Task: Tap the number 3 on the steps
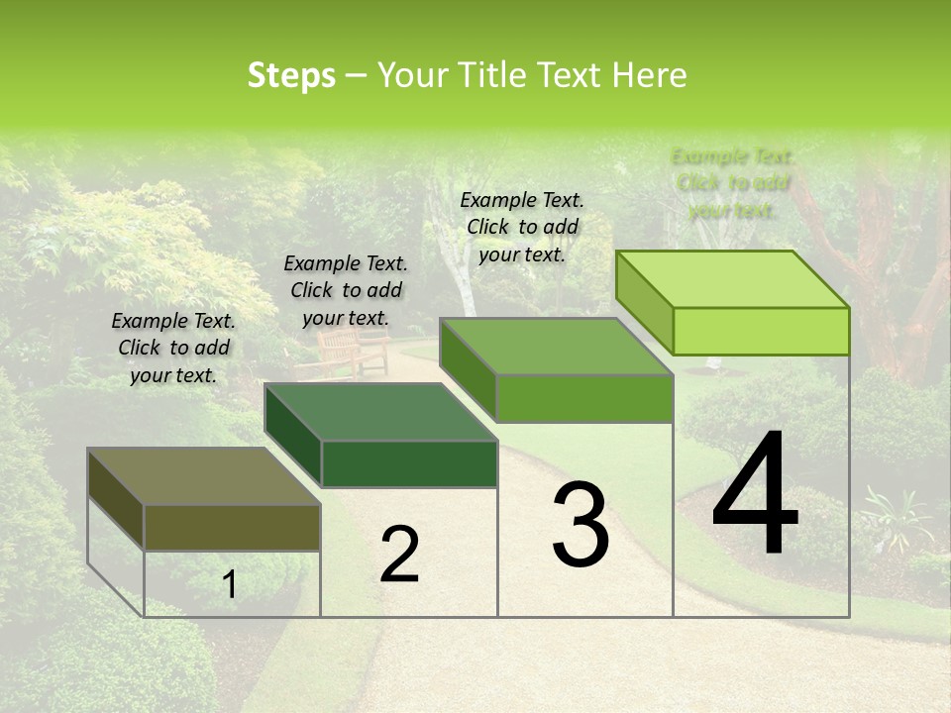tap(581, 525)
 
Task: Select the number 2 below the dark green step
tap(399, 555)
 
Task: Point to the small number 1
tap(229, 585)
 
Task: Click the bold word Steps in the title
tap(291, 75)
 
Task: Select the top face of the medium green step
tap(556, 347)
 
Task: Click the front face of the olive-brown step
tap(233, 528)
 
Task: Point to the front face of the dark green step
tap(409, 463)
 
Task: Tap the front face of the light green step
tap(761, 331)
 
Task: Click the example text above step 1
tap(173, 348)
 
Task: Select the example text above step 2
tap(346, 290)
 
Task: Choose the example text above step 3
tap(522, 227)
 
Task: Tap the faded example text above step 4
tap(733, 183)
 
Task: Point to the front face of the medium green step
tap(584, 398)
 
